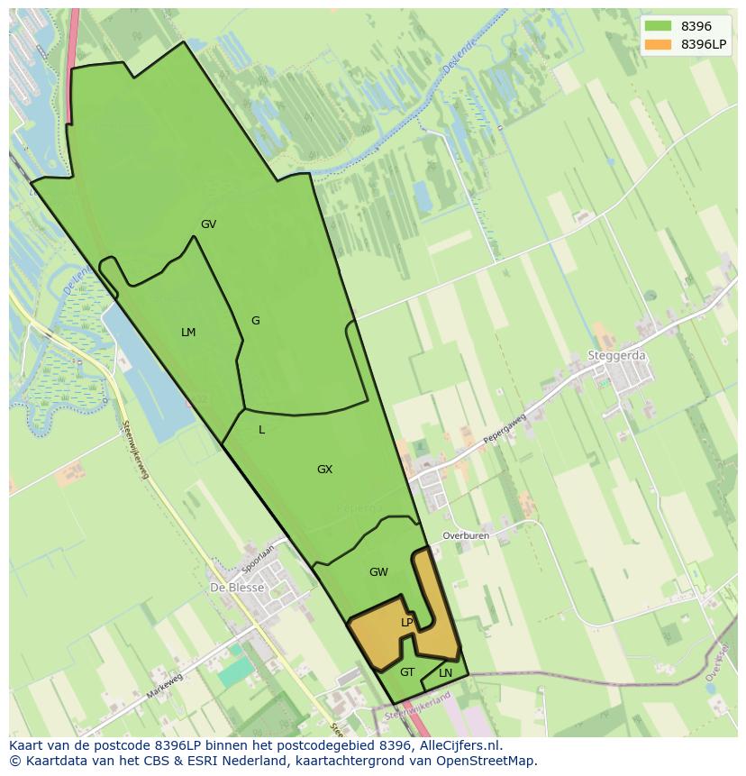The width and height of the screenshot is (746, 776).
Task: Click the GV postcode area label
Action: click(208, 224)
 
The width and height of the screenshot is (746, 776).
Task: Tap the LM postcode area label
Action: click(188, 333)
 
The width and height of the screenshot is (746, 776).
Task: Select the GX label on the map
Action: click(324, 470)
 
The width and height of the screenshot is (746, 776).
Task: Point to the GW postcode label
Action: click(378, 572)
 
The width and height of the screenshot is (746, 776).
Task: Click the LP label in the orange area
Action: click(406, 623)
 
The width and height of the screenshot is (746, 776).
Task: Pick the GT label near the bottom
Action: click(407, 672)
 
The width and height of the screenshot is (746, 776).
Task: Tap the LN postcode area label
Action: click(445, 673)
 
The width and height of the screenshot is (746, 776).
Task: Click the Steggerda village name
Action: click(617, 356)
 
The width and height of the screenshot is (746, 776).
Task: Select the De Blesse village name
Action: click(237, 588)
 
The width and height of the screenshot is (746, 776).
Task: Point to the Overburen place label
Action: click(465, 535)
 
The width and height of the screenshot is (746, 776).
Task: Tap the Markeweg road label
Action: click(164, 686)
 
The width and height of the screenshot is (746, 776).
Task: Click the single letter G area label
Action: click(255, 321)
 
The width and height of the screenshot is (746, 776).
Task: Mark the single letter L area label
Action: click(261, 430)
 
